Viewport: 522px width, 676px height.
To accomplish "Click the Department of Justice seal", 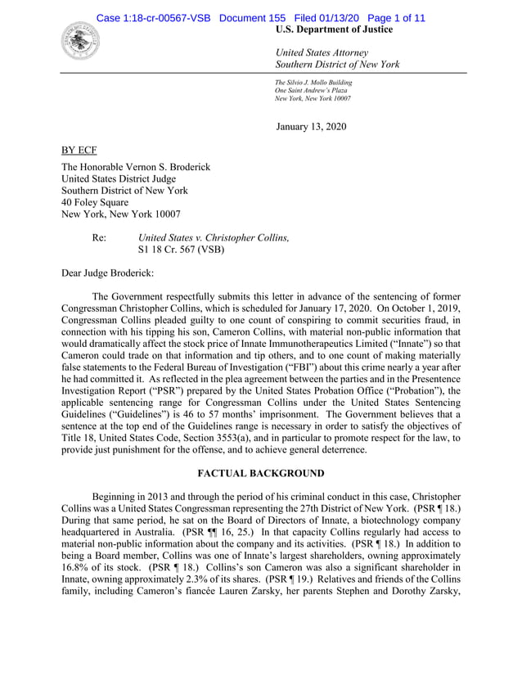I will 80,39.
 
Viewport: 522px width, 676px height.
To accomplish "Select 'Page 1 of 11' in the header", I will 391,18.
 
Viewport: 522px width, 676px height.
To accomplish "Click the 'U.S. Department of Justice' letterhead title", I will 335,29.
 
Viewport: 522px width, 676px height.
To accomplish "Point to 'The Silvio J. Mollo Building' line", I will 313,83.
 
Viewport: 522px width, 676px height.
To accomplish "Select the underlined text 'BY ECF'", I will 81,151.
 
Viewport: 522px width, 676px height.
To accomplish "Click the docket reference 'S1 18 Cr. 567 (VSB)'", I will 181,250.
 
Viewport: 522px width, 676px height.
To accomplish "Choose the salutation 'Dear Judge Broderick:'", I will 115,273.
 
